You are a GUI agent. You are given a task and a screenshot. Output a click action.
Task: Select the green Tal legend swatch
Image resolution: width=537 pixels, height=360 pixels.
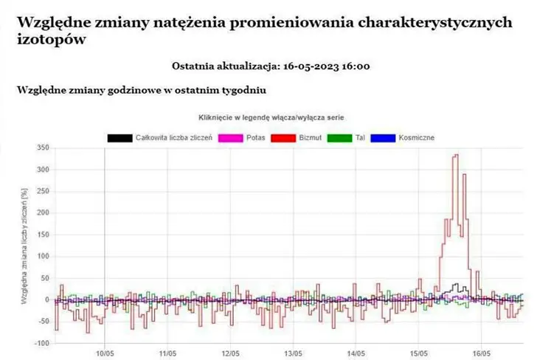339,137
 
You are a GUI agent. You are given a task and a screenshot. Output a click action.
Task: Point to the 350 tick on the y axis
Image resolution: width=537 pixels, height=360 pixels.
42,148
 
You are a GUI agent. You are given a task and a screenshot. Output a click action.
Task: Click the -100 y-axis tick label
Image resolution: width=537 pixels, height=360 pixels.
41,344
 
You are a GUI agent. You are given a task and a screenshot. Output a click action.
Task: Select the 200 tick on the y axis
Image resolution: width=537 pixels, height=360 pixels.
42,213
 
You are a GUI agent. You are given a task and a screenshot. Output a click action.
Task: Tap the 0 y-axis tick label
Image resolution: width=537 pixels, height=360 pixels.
46,300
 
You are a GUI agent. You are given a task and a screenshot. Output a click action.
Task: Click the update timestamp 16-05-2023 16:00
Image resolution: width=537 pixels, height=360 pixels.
325,66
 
